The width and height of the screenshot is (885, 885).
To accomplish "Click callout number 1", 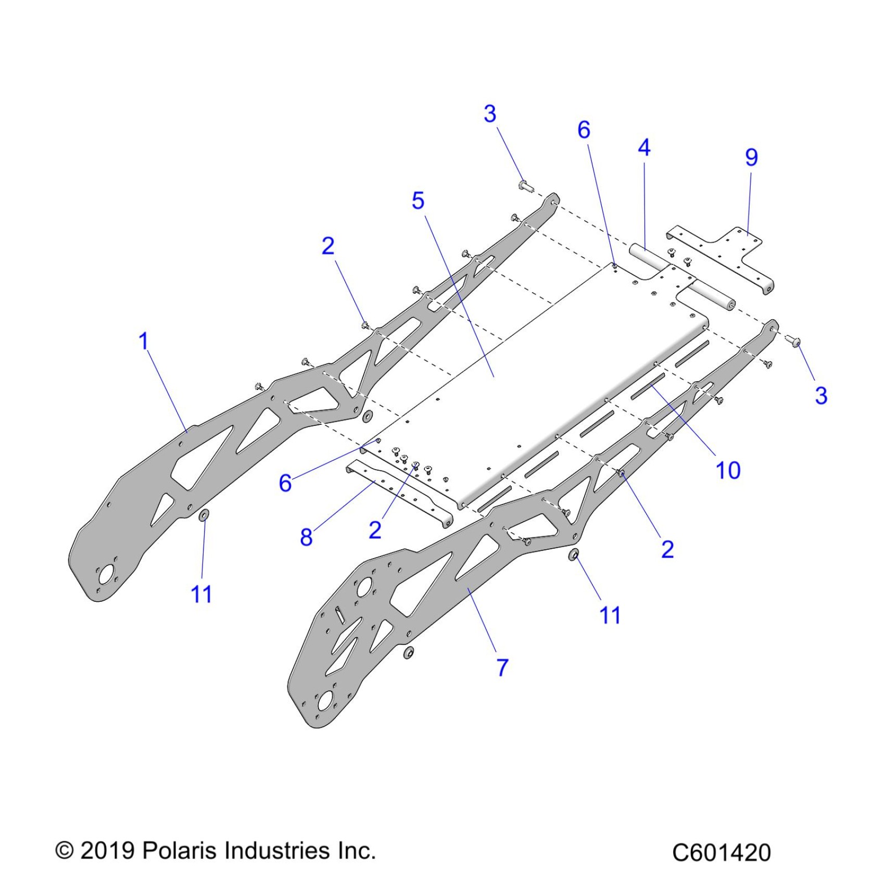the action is (x=144, y=342).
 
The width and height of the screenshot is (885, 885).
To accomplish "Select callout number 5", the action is (x=418, y=201).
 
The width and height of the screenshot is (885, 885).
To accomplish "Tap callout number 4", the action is (x=644, y=148).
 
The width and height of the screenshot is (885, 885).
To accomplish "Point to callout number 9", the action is (x=751, y=157).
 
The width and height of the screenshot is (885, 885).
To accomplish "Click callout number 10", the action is (x=728, y=471).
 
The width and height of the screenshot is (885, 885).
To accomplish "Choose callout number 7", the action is (x=502, y=667).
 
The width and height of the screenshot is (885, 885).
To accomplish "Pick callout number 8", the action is (x=306, y=537).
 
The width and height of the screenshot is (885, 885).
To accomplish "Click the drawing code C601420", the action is (x=721, y=853).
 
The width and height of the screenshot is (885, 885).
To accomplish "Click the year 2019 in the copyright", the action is (x=108, y=851).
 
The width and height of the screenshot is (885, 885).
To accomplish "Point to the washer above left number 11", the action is (x=204, y=515).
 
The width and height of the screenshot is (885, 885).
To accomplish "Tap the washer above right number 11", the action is (x=574, y=555).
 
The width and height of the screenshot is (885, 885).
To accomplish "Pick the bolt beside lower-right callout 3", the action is (x=795, y=342).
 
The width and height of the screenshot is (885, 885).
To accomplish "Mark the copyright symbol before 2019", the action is (x=65, y=851).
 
